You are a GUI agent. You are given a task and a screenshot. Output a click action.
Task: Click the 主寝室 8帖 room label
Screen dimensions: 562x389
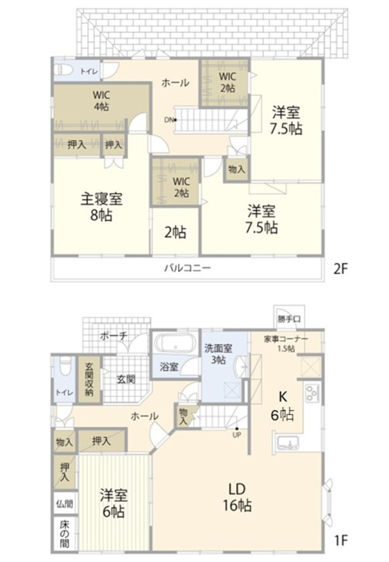point(101,207)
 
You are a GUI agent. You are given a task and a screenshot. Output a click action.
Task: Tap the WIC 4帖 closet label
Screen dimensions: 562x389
point(101,100)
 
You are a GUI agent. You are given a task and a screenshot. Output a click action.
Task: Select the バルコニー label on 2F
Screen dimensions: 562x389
point(187,268)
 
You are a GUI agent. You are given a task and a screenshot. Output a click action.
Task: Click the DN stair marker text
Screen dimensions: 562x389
point(168,120)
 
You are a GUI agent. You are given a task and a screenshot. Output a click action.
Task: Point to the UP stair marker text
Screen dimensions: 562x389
point(237,435)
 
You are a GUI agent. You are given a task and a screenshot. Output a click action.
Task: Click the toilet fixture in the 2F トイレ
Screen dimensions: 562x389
point(64,70)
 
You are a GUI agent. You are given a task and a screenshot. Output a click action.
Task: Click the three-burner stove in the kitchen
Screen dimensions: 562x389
point(312,393)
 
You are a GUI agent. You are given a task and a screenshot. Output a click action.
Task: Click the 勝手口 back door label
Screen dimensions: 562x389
point(289,319)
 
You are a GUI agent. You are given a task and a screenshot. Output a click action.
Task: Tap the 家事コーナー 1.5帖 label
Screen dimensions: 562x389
point(286,343)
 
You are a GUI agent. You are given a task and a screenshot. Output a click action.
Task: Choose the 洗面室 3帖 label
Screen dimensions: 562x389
point(218,353)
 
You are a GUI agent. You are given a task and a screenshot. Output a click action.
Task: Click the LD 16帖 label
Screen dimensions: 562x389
point(237,497)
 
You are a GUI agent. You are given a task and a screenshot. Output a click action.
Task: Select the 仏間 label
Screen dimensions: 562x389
point(65,504)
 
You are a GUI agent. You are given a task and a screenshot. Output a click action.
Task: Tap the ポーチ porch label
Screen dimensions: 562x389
point(114,335)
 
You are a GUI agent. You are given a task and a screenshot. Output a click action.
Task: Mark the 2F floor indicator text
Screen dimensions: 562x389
point(340,269)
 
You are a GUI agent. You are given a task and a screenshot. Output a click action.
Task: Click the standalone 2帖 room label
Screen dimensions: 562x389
point(175,232)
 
